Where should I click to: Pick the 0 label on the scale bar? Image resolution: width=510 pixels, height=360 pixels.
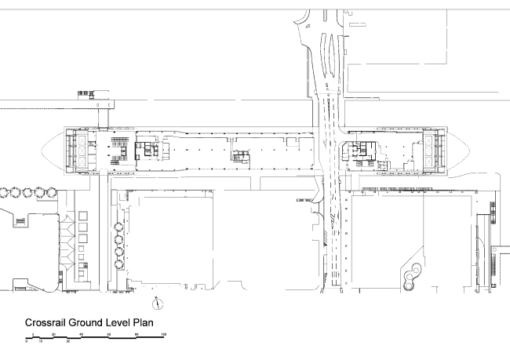tap(27, 341)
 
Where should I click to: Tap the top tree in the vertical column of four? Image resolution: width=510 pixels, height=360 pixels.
tap(119, 221)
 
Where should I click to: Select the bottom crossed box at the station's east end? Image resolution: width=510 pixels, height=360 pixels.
tap(430, 162)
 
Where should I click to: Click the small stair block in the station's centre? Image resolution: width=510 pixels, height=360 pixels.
tap(240, 157)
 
